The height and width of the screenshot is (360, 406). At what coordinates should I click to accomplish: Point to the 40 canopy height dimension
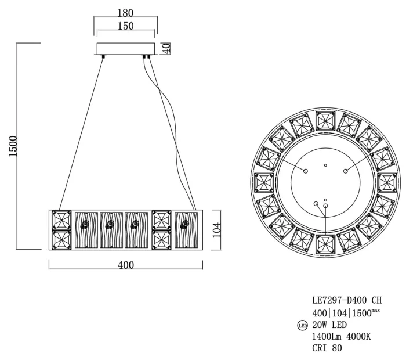point(167,48)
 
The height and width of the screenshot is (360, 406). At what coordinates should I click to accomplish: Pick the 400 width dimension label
point(125,265)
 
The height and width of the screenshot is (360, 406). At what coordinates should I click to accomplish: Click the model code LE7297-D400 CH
point(346,300)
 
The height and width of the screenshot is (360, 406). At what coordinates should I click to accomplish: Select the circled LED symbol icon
point(302,325)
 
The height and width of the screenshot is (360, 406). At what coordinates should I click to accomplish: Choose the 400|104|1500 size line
point(345,312)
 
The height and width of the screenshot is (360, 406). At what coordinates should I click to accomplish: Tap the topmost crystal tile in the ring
point(325,120)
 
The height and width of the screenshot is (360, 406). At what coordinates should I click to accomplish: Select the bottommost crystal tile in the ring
point(325,244)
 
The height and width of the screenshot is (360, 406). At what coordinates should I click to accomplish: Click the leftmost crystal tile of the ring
point(264,182)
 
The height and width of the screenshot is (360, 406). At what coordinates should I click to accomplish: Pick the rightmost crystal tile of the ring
point(387,182)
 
